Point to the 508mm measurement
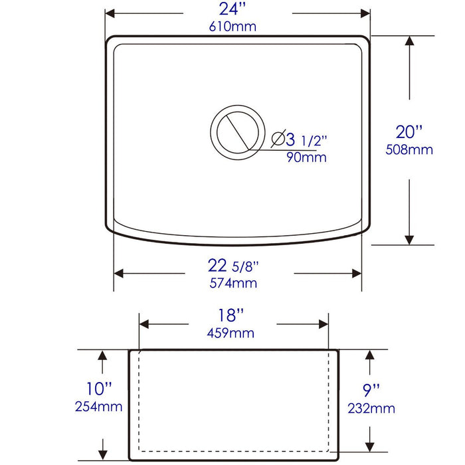409,149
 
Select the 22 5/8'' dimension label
232,266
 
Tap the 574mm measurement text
233,283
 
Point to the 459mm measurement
232,333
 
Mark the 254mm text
100,406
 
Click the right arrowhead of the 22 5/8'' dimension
356,273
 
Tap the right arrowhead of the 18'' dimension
324,324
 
